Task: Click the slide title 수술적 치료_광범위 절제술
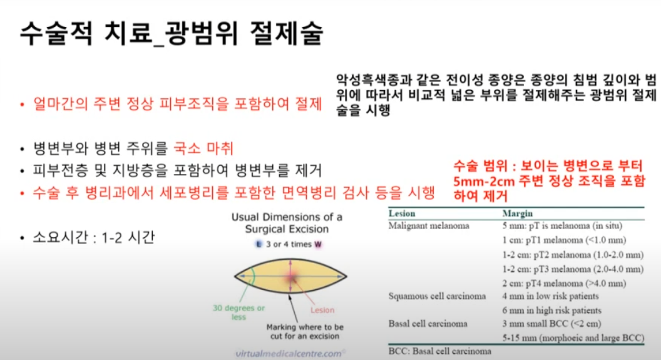172,33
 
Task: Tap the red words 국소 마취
203,148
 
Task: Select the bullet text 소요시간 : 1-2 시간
94,237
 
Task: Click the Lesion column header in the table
402,213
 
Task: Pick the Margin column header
517,213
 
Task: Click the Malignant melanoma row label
429,225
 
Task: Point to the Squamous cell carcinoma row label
437,296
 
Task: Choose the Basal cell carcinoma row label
428,324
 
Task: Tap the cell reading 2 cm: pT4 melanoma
564,283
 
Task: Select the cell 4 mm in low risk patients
550,296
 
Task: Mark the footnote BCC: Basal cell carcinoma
439,351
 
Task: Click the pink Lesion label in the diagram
322,310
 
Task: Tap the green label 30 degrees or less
238,312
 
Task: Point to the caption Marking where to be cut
305,331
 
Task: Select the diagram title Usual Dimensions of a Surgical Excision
287,223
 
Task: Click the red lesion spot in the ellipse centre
291,277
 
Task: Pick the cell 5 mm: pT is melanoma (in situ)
562,225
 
